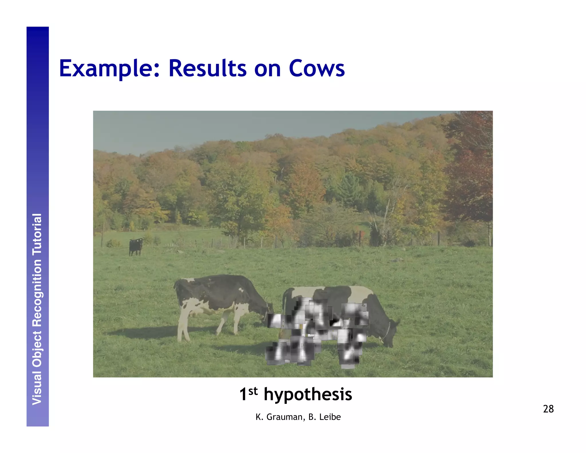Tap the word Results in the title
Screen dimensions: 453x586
pyautogui.click(x=207, y=69)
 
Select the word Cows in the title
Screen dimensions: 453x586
pyautogui.click(x=316, y=69)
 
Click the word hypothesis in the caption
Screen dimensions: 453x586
pyautogui.click(x=308, y=395)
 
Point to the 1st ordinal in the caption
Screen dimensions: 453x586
pyautogui.click(x=248, y=394)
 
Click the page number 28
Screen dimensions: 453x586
pyautogui.click(x=548, y=409)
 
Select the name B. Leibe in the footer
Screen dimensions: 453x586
pyautogui.click(x=324, y=417)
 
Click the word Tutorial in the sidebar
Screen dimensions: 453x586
pyautogui.click(x=37, y=235)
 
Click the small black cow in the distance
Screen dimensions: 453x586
pyautogui.click(x=136, y=247)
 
